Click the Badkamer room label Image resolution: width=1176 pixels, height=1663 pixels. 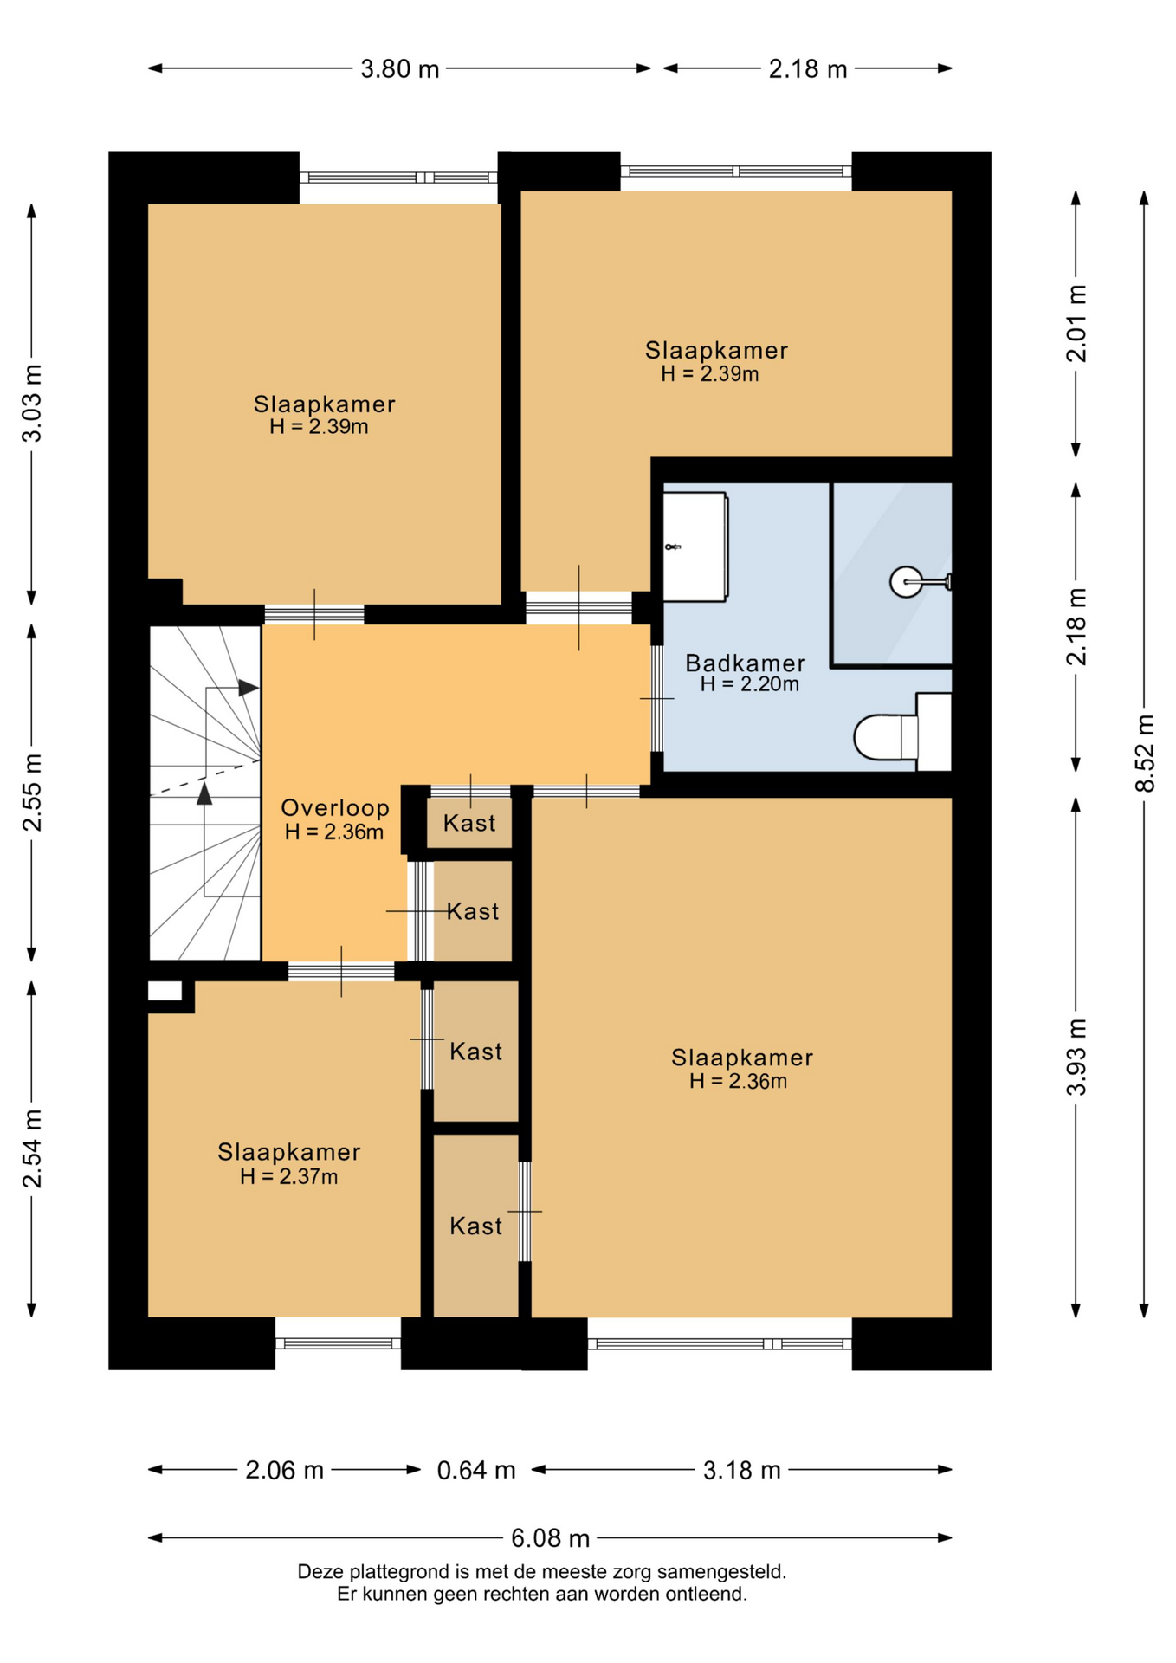[745, 663]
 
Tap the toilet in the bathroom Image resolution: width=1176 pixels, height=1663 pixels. [901, 733]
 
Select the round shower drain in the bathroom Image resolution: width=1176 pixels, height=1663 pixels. [906, 581]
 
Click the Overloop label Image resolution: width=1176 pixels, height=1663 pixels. [335, 808]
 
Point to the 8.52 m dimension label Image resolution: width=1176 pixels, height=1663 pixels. [1145, 753]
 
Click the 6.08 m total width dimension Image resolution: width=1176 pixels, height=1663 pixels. [550, 1538]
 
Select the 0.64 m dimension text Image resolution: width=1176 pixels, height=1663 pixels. [476, 1470]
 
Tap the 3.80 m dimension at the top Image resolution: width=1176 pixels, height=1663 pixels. [400, 69]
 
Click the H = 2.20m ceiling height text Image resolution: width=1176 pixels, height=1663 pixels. [749, 684]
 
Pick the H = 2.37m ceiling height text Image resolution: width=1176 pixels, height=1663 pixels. [288, 1176]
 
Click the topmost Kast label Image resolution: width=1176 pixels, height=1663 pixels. [469, 823]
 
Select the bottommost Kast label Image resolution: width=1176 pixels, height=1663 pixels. [475, 1226]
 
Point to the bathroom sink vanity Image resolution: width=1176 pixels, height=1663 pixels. [695, 547]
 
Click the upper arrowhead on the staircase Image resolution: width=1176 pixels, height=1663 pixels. [249, 688]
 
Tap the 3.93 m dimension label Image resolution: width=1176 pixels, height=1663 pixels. [1076, 1058]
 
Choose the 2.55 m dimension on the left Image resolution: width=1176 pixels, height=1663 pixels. [32, 793]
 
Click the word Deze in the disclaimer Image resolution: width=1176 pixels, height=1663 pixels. [320, 1571]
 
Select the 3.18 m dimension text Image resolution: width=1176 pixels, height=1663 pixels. [742, 1470]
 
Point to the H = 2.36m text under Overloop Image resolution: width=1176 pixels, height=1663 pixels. [334, 832]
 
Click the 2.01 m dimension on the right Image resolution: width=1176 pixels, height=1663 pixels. [1076, 323]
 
